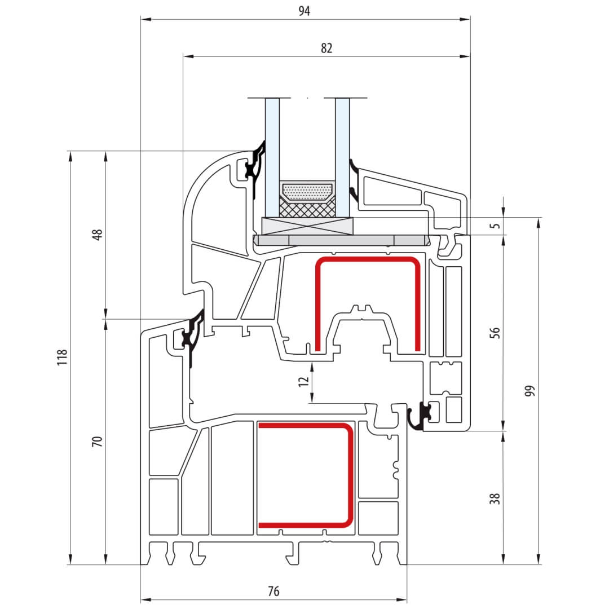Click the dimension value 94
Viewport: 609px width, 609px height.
point(304,11)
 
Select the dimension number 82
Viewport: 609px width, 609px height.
point(326,48)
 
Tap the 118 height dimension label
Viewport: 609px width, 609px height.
point(62,357)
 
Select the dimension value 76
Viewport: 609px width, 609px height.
point(273,591)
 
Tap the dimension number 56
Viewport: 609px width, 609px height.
point(495,333)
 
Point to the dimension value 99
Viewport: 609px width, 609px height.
point(529,390)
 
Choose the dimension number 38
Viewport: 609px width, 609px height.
point(495,498)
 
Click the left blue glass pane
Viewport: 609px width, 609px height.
point(272,157)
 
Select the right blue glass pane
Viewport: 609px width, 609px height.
point(342,157)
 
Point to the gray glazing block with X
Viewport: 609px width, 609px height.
point(308,226)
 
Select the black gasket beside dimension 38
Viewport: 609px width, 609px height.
point(420,416)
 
